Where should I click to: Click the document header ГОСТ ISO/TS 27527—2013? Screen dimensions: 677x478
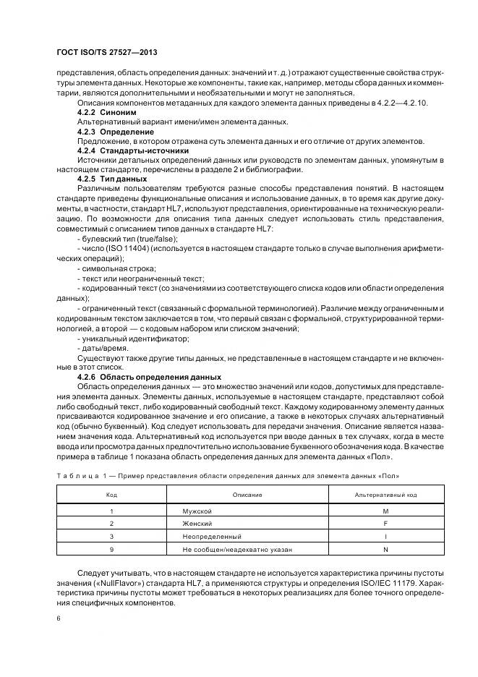tap(106, 54)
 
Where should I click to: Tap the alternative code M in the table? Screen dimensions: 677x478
tap(385, 511)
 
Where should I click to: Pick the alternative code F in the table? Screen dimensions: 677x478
tap(385, 524)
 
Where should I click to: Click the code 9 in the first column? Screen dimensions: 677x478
tap(112, 550)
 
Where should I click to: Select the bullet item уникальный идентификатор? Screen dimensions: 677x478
tap(124, 338)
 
